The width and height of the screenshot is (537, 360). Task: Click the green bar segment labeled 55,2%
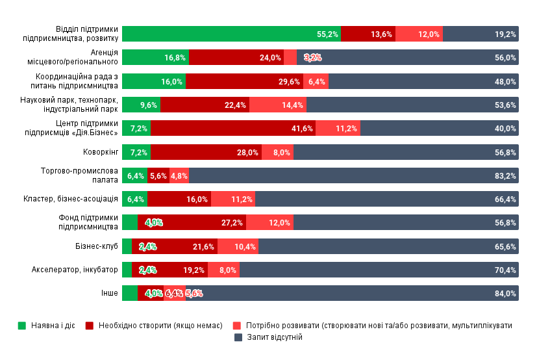[x=231, y=34]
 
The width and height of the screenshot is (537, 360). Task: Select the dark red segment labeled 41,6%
[x=232, y=128]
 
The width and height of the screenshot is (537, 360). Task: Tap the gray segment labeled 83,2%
[x=354, y=175]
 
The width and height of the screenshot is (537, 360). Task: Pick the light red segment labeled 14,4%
[x=278, y=105]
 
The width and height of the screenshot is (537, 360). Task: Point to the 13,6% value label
[x=381, y=34]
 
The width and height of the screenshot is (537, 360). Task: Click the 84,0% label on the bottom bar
[x=505, y=294]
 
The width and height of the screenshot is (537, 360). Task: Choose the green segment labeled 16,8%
[x=155, y=57]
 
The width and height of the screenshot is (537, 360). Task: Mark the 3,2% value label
[x=312, y=58]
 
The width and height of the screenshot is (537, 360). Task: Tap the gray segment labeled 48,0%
[x=423, y=81]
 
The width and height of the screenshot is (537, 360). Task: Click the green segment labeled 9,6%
[x=141, y=105]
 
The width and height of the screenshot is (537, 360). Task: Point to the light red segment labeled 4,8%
[x=179, y=175]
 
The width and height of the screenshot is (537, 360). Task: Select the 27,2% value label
[x=232, y=223]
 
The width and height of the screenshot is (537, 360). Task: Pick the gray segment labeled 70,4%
[x=379, y=270]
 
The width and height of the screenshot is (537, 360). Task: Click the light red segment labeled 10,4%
[x=238, y=246]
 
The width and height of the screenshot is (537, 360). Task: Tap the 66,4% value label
[x=505, y=199]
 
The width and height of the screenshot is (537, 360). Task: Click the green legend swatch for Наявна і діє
[x=22, y=326]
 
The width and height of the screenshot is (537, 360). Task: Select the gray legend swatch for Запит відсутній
[x=238, y=338]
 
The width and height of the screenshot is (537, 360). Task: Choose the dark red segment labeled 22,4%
[x=205, y=105]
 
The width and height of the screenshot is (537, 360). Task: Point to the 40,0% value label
[x=505, y=129]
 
